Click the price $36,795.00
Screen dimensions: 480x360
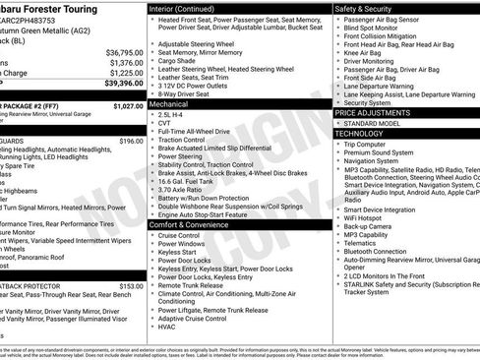pos(124,52)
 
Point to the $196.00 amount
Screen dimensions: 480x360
pos(131,141)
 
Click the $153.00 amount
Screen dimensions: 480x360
pos(131,286)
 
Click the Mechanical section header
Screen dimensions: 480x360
pos(168,102)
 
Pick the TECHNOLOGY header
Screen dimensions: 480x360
pos(358,133)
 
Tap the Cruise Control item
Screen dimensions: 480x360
pos(179,236)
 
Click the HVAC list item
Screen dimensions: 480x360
pos(168,326)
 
